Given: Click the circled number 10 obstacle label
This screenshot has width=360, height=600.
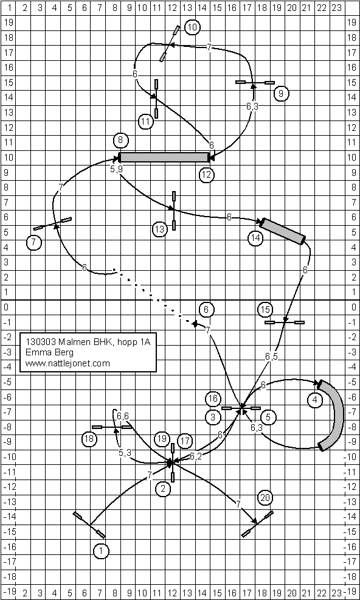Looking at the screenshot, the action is (192, 27).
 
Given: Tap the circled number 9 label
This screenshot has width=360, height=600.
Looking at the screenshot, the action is (281, 93).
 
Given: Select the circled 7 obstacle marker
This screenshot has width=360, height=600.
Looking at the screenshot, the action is (35, 242).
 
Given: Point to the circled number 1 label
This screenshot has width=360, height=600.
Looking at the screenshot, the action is (101, 551).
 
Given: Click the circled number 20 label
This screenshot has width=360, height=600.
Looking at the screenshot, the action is (265, 498).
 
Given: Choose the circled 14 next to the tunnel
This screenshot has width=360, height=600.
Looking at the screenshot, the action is (255, 239).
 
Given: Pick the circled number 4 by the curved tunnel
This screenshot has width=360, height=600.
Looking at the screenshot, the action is (314, 400).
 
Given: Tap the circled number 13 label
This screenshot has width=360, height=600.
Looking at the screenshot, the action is (160, 229).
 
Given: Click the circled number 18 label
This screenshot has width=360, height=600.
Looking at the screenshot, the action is (89, 439).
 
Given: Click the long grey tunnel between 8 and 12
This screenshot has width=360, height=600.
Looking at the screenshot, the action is (165, 157).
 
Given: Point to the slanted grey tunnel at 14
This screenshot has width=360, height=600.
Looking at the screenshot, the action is (283, 231).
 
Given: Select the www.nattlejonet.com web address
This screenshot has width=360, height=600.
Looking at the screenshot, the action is (67, 363).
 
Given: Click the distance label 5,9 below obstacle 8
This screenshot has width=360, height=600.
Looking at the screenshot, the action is (116, 169).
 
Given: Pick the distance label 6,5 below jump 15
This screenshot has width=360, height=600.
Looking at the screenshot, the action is (271, 357).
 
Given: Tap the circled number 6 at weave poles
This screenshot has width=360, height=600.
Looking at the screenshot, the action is (207, 310).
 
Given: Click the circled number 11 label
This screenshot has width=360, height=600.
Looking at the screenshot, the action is (146, 122).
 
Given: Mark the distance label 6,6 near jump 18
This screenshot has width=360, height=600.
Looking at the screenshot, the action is (123, 416).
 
